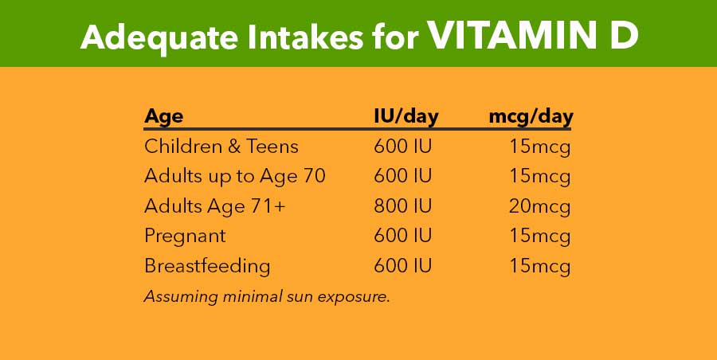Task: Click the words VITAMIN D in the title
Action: (533, 36)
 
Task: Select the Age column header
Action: (163, 116)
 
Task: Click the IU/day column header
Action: (406, 116)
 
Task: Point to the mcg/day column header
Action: (531, 116)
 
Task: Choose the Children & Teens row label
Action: (221, 147)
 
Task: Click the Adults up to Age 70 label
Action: (235, 176)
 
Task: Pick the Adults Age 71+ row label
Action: (214, 206)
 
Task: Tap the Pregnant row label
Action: (185, 236)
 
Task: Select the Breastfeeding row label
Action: (207, 266)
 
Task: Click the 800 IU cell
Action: (403, 206)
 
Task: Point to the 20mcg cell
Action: (540, 206)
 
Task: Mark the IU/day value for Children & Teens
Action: (403, 147)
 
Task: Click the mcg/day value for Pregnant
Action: (541, 236)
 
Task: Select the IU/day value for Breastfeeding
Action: (403, 266)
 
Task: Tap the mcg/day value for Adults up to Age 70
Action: (541, 176)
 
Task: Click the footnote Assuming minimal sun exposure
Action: (266, 296)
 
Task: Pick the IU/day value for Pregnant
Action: (403, 236)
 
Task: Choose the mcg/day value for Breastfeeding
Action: (541, 266)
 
